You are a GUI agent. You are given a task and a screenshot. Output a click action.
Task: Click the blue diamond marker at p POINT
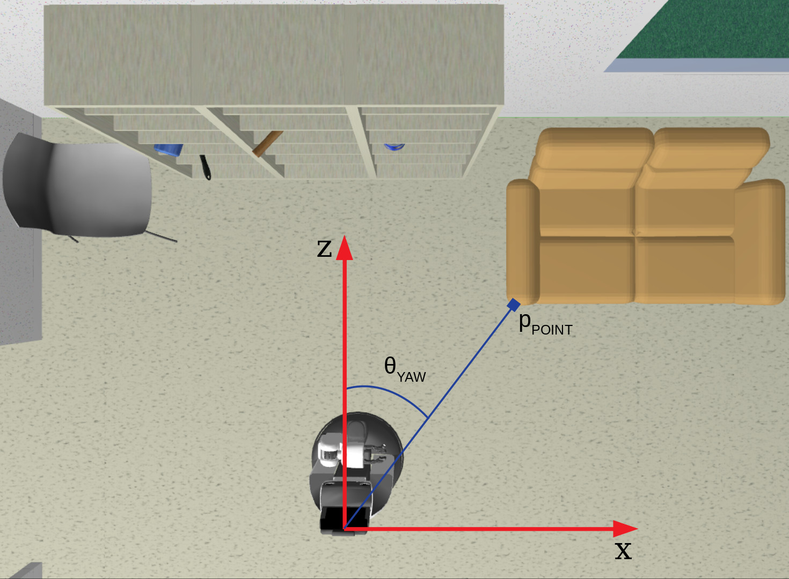pyautogui.click(x=513, y=305)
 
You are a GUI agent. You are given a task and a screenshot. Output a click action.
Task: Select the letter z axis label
pyautogui.click(x=324, y=248)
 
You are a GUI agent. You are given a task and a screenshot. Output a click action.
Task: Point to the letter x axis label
pyautogui.click(x=623, y=551)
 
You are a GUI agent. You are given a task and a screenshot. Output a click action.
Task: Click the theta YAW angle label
pyautogui.click(x=404, y=369)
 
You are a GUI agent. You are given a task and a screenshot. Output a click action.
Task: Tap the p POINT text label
pyautogui.click(x=545, y=323)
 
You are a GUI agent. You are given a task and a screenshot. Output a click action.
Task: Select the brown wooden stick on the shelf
pyautogui.click(x=267, y=144)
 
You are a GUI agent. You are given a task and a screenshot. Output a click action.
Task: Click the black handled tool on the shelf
pyautogui.click(x=206, y=167)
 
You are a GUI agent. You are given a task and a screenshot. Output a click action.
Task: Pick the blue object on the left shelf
pyautogui.click(x=167, y=149)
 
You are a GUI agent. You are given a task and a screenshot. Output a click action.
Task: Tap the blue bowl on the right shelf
pyautogui.click(x=394, y=146)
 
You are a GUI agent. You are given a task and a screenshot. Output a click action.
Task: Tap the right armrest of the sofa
pyautogui.click(x=759, y=241)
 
